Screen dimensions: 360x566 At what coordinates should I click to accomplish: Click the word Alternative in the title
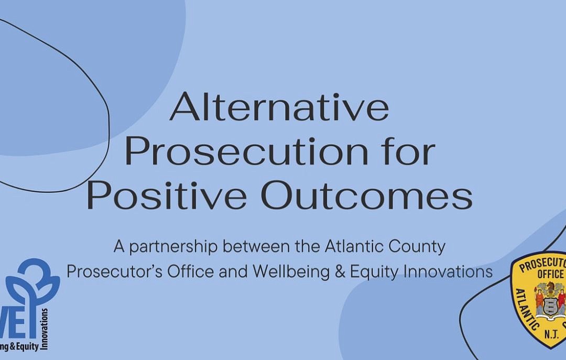(x=279, y=107)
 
